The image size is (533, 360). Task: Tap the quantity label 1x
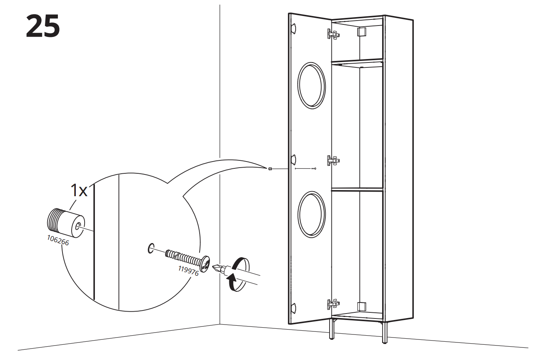click(79, 190)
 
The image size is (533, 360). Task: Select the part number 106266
click(58, 240)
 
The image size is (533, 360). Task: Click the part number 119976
click(188, 270)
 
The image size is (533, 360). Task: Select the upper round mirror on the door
click(312, 85)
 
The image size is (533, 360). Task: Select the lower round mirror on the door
click(312, 214)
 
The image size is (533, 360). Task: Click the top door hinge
click(333, 35)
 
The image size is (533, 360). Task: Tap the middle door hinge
click(333, 160)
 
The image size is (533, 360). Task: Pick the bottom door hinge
click(333, 304)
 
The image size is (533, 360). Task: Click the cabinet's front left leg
click(332, 329)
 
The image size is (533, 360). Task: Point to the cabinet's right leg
click(384, 332)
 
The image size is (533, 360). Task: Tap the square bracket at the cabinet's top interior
click(362, 32)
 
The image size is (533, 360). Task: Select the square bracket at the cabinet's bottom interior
click(362, 306)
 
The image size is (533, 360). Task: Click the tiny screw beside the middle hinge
click(314, 168)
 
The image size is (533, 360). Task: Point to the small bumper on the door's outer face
click(270, 169)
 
